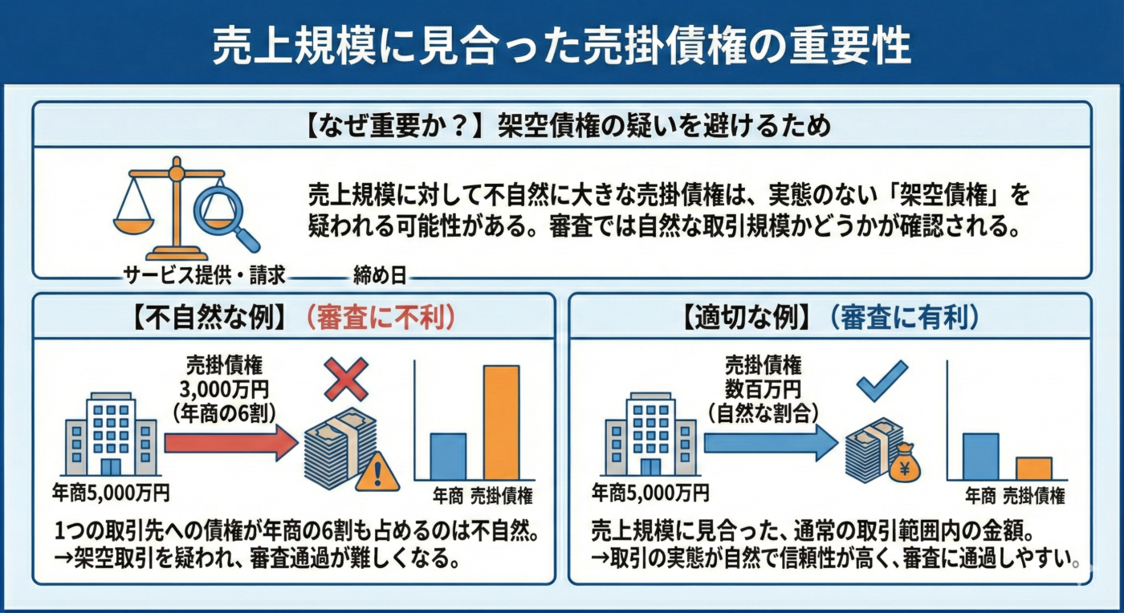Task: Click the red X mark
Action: [x=346, y=380]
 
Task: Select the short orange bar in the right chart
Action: [x=1033, y=469]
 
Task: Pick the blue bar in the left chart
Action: [x=448, y=457]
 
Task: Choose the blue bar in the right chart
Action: [x=980, y=457]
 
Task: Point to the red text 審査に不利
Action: [x=381, y=319]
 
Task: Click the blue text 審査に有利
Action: [x=905, y=319]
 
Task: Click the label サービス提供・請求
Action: [x=205, y=276]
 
